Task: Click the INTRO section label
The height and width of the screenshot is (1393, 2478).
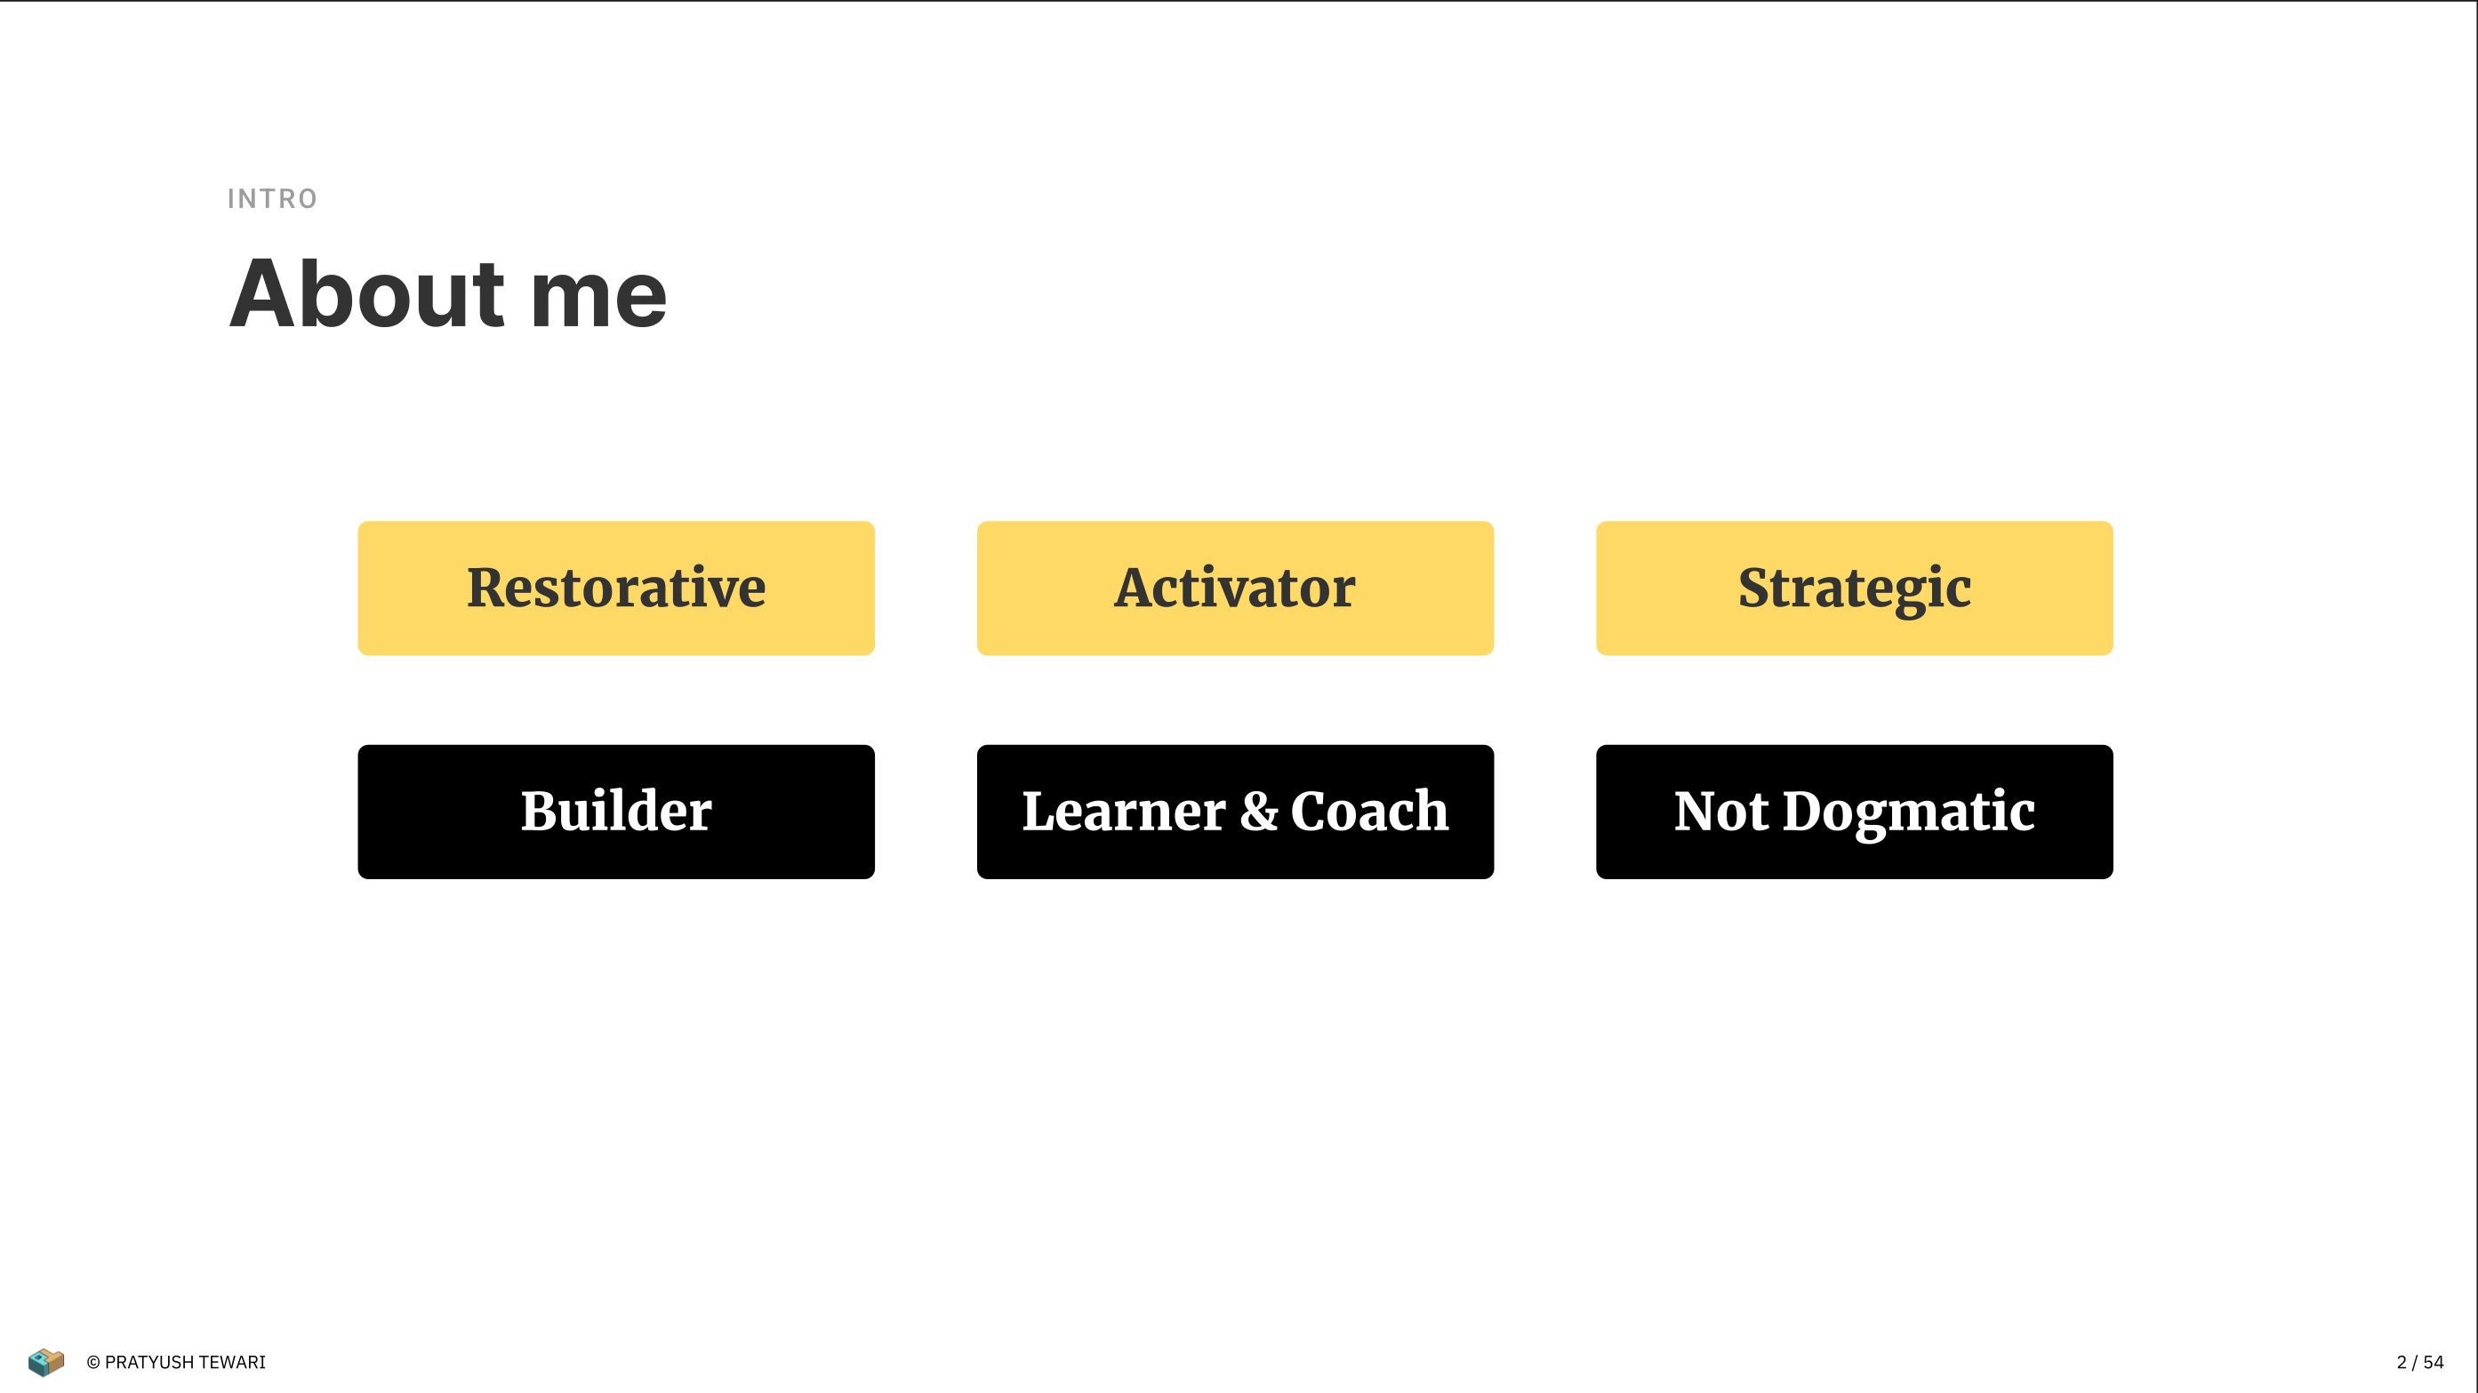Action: click(x=272, y=199)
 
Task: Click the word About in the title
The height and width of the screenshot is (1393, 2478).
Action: click(x=366, y=293)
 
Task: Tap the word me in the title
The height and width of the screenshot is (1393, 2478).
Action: click(x=598, y=301)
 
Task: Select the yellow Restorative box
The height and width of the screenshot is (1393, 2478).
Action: click(x=615, y=588)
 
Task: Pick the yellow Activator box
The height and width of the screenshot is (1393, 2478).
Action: click(x=1235, y=588)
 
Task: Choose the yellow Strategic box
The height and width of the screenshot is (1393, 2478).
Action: click(x=1854, y=588)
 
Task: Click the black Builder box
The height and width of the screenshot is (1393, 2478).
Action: click(x=615, y=811)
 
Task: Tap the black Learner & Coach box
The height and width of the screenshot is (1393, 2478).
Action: click(x=1235, y=811)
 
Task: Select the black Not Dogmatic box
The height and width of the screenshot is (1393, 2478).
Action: click(x=1854, y=811)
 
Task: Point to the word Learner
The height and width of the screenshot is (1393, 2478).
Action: click(x=1124, y=811)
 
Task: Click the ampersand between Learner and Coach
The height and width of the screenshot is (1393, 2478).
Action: click(x=1258, y=811)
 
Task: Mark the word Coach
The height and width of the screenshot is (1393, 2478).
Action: click(x=1369, y=810)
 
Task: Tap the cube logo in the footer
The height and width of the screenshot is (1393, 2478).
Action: click(x=46, y=1361)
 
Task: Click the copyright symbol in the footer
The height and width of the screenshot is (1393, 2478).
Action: click(x=93, y=1362)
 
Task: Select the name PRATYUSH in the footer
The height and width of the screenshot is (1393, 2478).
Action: click(x=149, y=1362)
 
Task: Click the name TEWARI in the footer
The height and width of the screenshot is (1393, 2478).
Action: click(x=232, y=1362)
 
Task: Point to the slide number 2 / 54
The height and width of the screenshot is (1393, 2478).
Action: click(x=2419, y=1362)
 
